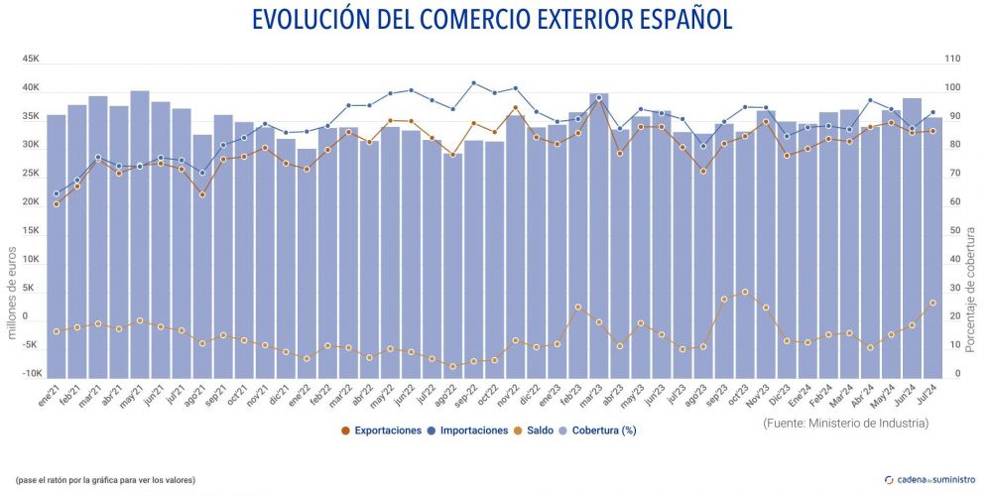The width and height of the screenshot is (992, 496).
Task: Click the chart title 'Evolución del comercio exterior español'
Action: [x=492, y=20]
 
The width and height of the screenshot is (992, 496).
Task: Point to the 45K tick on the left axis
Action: [x=31, y=59]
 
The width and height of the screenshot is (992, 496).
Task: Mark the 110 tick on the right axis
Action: [x=952, y=59]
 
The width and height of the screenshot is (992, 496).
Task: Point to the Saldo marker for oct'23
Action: [x=745, y=292]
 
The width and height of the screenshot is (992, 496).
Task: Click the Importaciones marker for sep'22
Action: [x=473, y=83]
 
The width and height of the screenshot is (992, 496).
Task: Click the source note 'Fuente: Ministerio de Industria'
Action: [x=846, y=423]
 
